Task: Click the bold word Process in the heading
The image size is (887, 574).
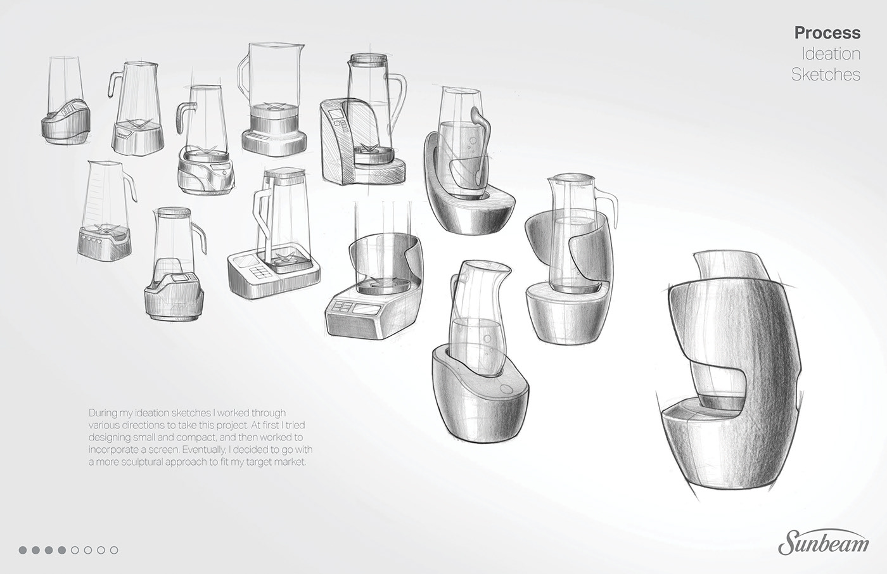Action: tap(827, 32)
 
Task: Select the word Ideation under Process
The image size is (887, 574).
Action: tap(831, 53)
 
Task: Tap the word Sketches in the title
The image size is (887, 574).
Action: tap(826, 74)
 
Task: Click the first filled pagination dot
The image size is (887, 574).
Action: tap(23, 550)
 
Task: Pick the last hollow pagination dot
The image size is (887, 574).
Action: tap(114, 550)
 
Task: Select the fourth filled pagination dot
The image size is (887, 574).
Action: tap(62, 550)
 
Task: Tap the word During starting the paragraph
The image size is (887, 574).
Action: tap(103, 412)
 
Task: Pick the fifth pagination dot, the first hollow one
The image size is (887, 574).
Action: tap(75, 550)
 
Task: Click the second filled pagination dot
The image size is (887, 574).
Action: tap(36, 550)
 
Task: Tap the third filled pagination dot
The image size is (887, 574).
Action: tap(49, 550)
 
